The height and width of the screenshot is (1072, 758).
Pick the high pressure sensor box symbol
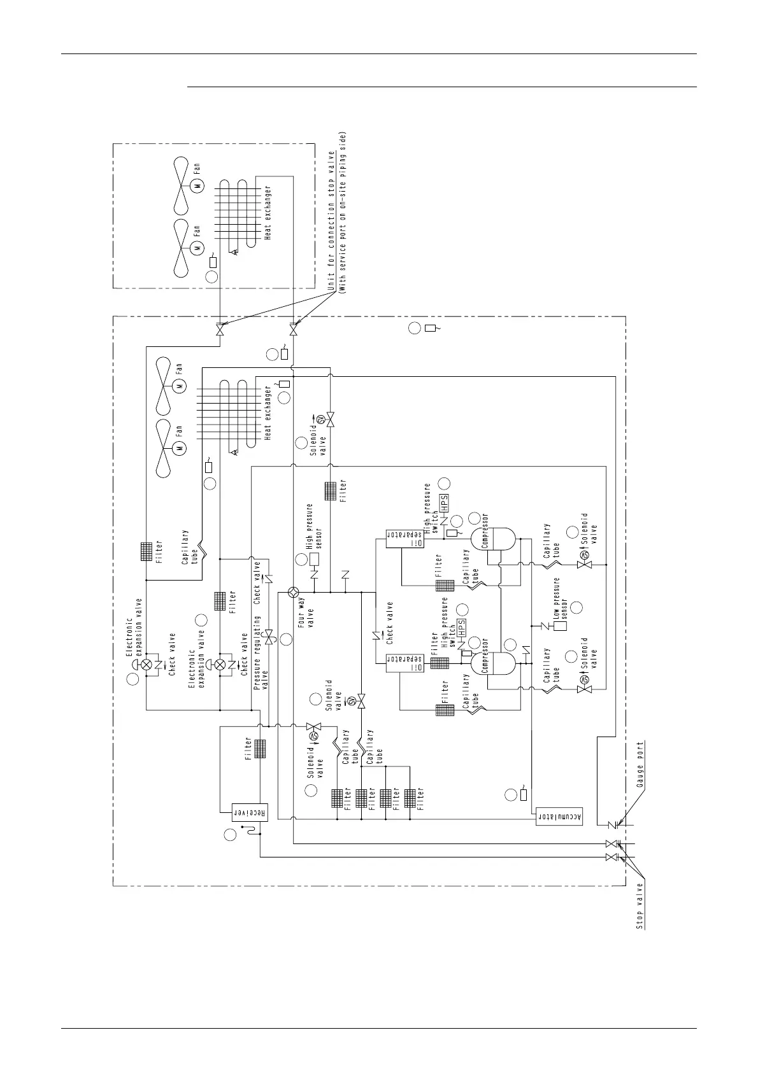(x=314, y=559)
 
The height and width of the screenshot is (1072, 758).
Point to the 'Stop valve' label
(x=640, y=906)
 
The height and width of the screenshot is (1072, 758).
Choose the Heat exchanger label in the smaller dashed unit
(x=268, y=213)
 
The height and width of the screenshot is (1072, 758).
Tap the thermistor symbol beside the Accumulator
(x=524, y=794)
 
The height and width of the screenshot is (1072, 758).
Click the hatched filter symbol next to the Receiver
(x=259, y=748)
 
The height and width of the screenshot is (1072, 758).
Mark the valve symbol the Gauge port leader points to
(x=612, y=826)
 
